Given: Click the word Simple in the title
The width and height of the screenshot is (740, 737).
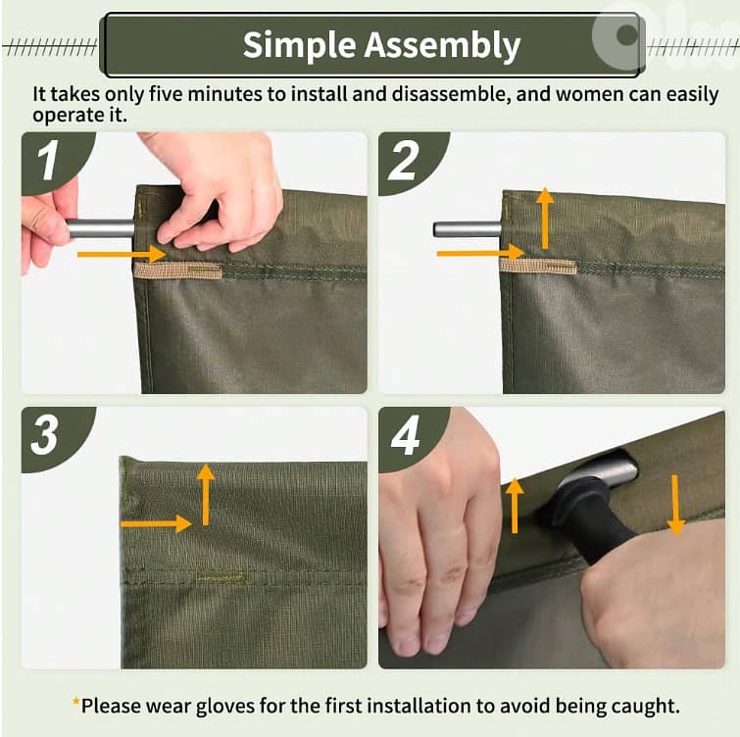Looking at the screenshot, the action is (x=299, y=46).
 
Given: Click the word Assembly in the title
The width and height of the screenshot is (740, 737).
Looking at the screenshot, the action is (x=442, y=45).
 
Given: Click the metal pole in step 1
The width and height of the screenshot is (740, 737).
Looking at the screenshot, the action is (x=101, y=228).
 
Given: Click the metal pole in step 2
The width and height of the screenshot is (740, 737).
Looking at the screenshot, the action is (x=468, y=229).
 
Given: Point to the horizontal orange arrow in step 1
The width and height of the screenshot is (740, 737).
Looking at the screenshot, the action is (x=122, y=254).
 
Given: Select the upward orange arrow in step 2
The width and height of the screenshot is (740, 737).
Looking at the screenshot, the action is (x=545, y=218).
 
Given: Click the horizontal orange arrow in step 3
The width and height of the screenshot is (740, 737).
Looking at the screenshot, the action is (x=156, y=523).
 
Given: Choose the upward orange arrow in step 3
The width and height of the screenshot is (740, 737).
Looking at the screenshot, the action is (x=205, y=495).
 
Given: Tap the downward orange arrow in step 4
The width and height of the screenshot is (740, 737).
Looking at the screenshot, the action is (x=676, y=506).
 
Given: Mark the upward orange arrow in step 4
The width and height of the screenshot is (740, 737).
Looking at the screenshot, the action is (x=515, y=506).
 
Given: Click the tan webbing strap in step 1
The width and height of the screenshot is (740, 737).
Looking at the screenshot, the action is (x=178, y=270).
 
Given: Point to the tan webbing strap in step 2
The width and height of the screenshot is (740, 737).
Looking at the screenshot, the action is (x=538, y=267).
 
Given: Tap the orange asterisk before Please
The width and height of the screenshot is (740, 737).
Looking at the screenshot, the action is (x=75, y=702).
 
